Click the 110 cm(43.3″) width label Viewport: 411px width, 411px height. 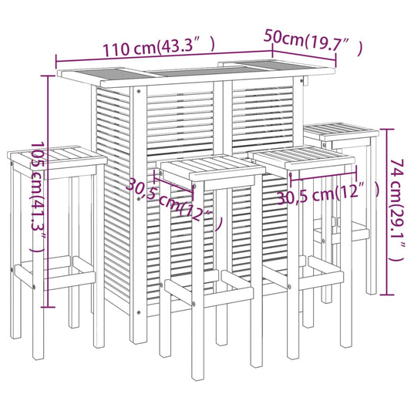[x=158, y=46]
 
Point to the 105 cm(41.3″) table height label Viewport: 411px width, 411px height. [x=35, y=197]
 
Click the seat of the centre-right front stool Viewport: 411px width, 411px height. [x=305, y=157]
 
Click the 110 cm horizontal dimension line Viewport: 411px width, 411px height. [x=166, y=57]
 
